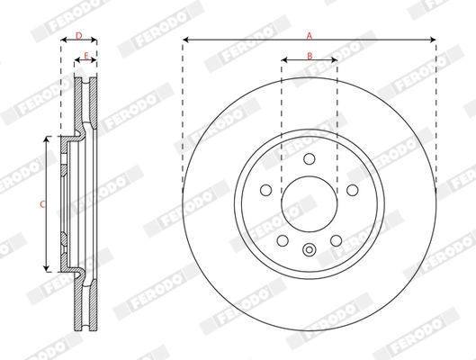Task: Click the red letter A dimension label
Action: [x=310, y=35]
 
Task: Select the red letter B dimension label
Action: [x=310, y=57]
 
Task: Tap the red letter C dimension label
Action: [x=42, y=204]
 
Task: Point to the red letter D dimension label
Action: [x=79, y=35]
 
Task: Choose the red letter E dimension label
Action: [x=86, y=57]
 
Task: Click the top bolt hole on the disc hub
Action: [x=310, y=159]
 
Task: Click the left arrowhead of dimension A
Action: [x=184, y=40]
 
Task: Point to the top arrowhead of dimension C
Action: [x=47, y=139]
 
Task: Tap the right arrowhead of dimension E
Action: [x=95, y=62]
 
